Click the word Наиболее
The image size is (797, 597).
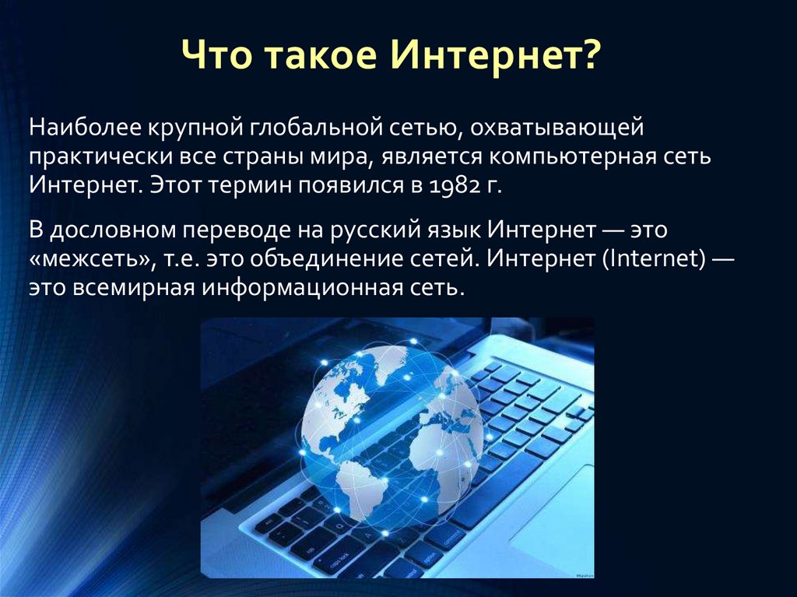click(x=85, y=127)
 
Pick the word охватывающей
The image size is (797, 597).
click(x=556, y=128)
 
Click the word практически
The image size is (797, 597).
click(x=100, y=157)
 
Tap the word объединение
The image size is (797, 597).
click(x=314, y=259)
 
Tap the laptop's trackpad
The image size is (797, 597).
click(x=553, y=514)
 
